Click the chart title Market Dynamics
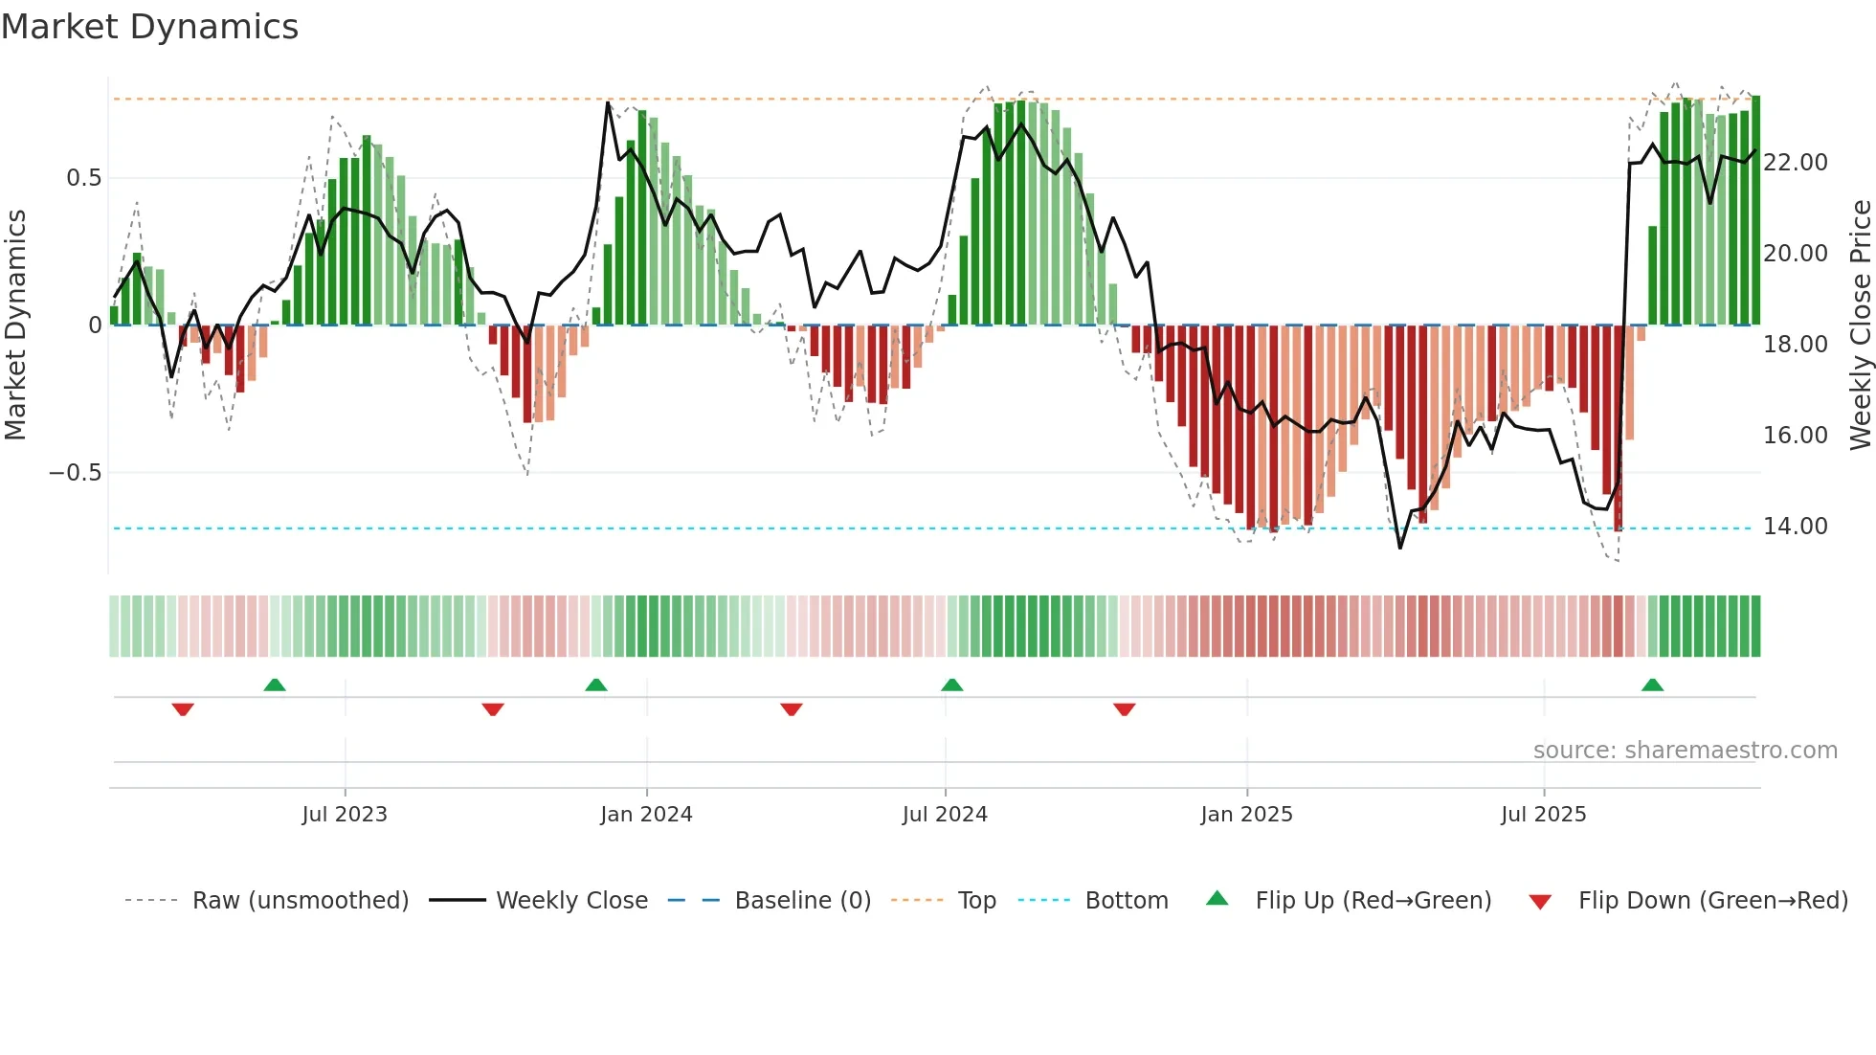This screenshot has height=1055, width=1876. (149, 27)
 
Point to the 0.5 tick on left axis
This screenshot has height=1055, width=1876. (84, 178)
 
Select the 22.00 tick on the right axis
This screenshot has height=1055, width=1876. (1796, 163)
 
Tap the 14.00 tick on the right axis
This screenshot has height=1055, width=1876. (1796, 527)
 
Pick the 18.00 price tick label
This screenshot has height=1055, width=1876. (1796, 345)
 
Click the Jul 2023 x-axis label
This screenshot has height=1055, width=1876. (345, 815)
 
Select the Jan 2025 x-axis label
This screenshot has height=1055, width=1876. (1246, 815)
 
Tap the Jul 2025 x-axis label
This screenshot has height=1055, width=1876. (1543, 815)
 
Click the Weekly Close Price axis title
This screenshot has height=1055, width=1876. (1860, 325)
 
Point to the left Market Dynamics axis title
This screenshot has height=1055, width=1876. (15, 325)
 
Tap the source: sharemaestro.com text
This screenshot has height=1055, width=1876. (1685, 751)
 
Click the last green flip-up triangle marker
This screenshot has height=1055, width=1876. (1652, 685)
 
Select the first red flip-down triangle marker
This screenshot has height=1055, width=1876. (183, 709)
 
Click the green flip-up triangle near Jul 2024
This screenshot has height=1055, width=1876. (951, 685)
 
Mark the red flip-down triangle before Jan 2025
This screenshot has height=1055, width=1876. (1125, 709)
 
